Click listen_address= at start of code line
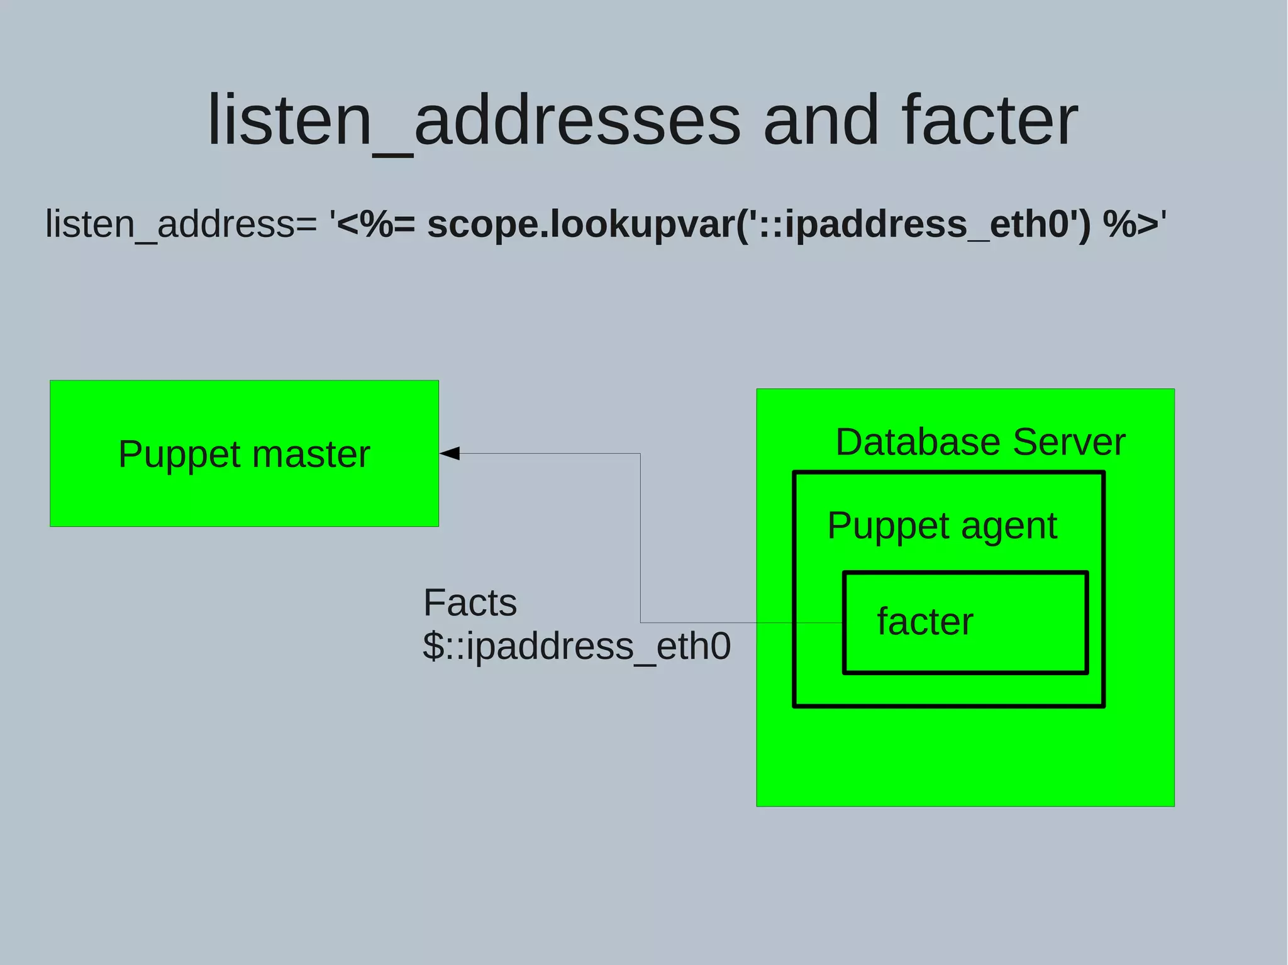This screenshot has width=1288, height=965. [181, 224]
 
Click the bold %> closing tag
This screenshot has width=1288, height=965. [1130, 224]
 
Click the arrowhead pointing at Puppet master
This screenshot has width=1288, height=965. [450, 453]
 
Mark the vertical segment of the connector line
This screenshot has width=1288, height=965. [640, 538]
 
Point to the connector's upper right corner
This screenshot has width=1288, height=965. [640, 453]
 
